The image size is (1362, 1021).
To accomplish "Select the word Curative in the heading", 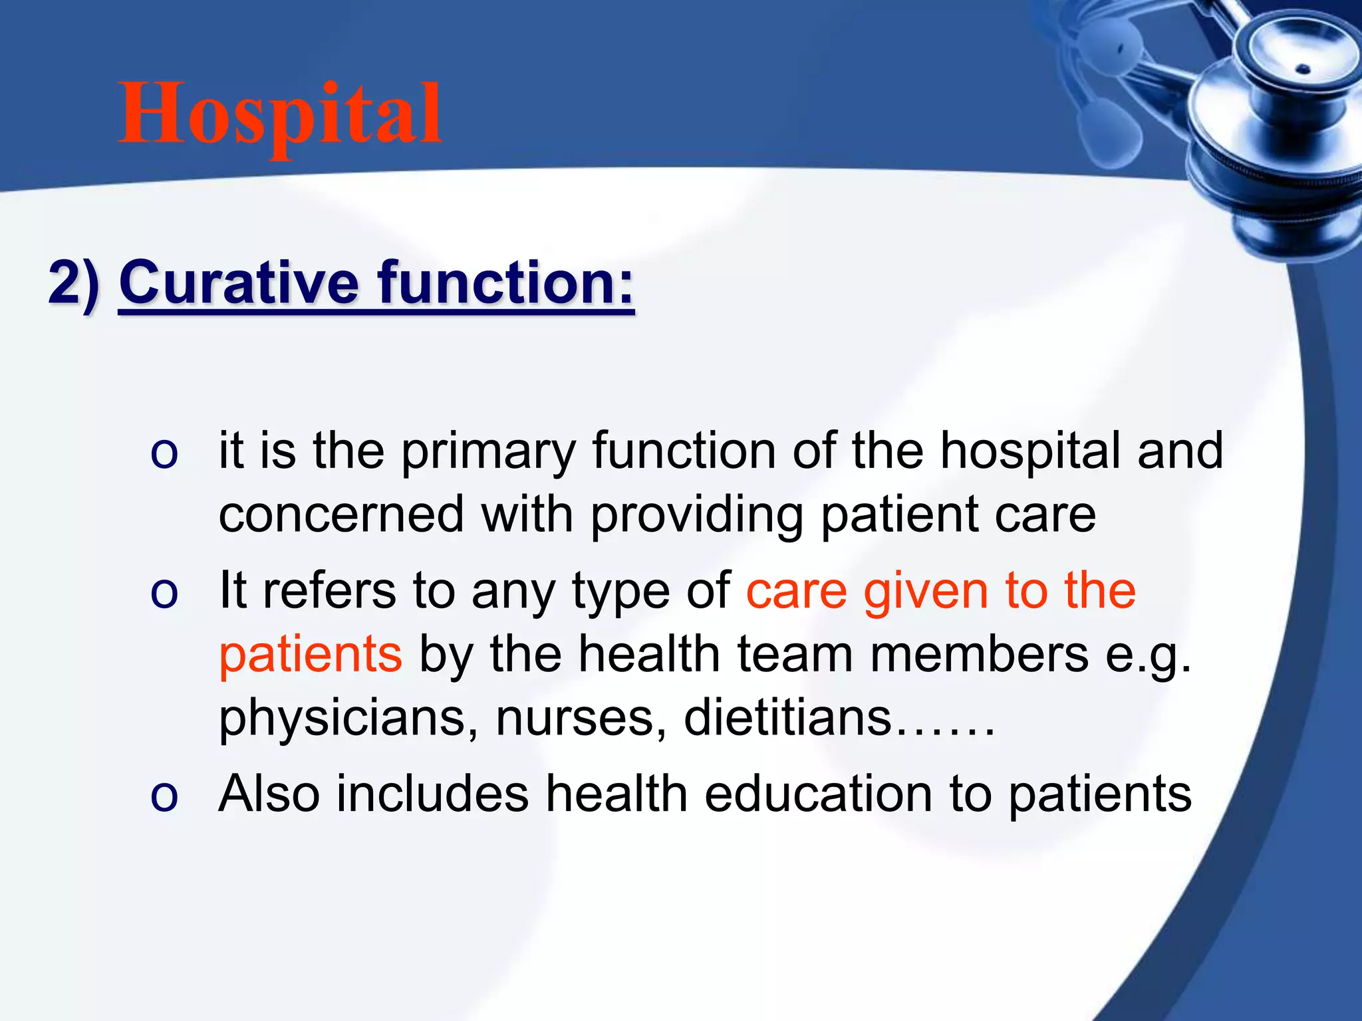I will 239,284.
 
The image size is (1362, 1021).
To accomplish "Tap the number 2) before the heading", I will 74,284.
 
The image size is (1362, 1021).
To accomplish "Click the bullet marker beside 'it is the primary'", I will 164,455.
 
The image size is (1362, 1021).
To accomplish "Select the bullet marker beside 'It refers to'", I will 164,593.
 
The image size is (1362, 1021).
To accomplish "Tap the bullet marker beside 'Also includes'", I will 164,796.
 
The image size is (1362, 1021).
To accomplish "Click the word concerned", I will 341,515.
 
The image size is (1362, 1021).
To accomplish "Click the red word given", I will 926,591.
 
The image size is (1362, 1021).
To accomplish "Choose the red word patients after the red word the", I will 311,655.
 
